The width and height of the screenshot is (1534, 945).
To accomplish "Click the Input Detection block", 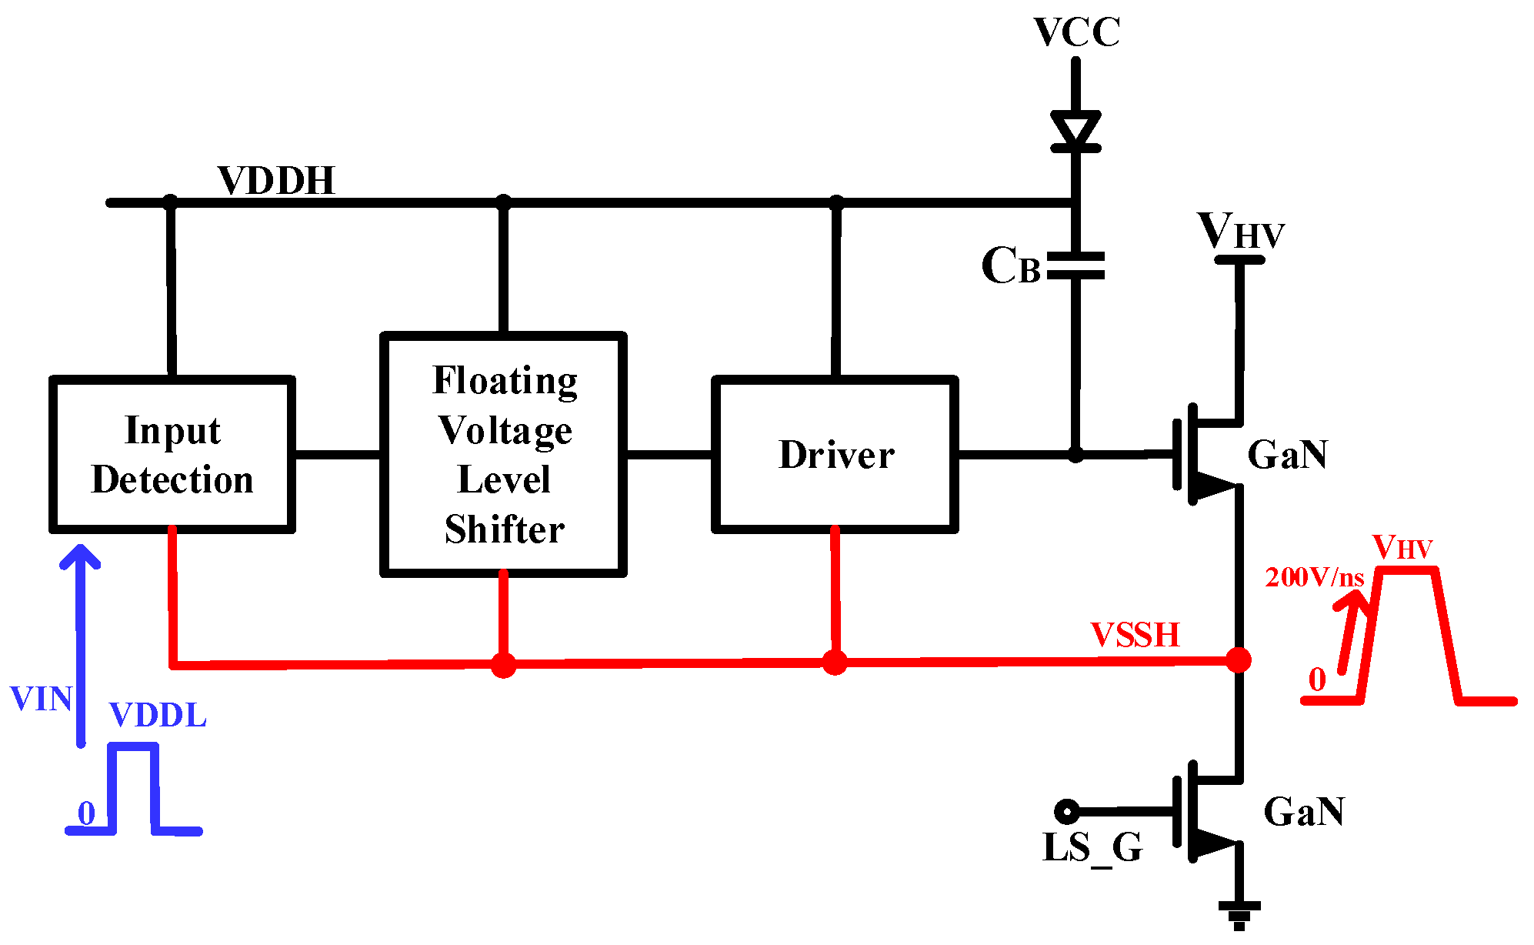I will [x=172, y=454].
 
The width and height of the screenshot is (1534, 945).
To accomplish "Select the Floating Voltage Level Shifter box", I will [x=504, y=454].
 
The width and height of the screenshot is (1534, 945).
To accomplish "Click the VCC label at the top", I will [x=1076, y=33].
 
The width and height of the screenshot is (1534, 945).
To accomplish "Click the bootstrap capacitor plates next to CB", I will [x=1075, y=265].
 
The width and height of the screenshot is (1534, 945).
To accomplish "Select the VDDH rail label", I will [x=275, y=182].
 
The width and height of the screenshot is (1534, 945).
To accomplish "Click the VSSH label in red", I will [x=1135, y=636].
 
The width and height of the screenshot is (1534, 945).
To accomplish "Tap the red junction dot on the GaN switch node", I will [x=1239, y=659].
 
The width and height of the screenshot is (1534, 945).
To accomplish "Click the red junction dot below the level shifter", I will [x=503, y=664].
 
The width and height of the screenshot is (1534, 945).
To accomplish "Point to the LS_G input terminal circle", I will [x=1066, y=811].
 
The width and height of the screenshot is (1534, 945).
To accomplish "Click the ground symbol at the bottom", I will [x=1239, y=913].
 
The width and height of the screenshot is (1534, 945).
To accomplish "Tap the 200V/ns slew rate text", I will [x=1314, y=577].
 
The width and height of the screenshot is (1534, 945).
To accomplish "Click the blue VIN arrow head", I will [x=81, y=556].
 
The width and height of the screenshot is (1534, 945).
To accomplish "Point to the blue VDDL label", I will [x=158, y=716].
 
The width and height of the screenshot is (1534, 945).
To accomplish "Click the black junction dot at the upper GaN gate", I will [x=1075, y=455].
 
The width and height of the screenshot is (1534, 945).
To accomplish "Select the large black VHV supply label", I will [x=1240, y=231].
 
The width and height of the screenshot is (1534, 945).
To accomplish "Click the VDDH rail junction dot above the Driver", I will [x=836, y=202].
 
